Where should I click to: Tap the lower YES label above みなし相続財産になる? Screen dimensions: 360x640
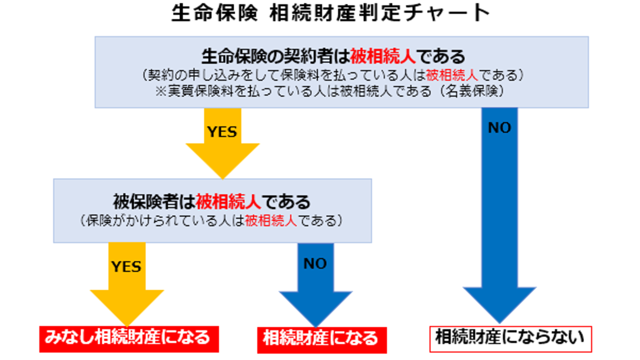(x=126, y=266)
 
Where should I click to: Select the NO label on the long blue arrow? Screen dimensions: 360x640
(x=499, y=128)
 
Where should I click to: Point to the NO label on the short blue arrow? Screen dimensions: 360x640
(x=315, y=263)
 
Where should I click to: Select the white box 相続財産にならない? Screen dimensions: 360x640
(x=510, y=337)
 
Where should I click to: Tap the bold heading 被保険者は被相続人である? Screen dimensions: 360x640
(x=212, y=201)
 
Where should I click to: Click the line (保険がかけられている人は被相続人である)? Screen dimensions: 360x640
(x=212, y=220)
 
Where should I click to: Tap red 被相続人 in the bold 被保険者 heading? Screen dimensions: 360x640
(x=228, y=201)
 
